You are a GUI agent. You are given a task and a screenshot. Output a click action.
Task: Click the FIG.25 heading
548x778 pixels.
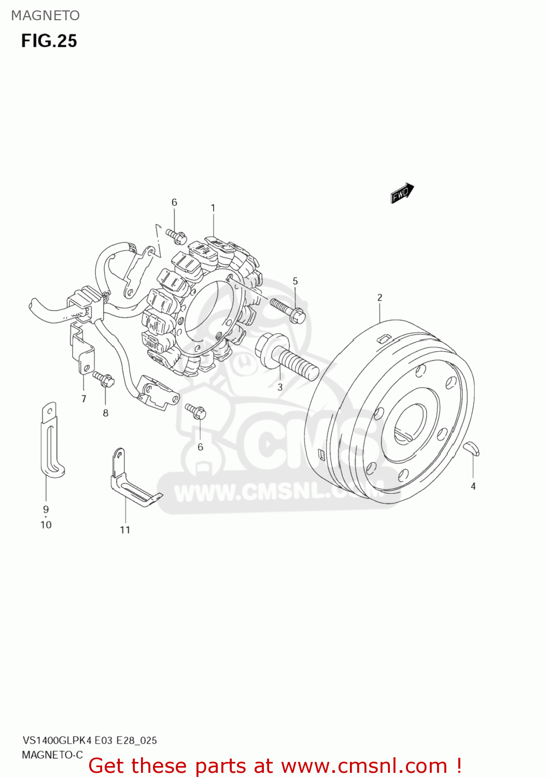[x=49, y=41]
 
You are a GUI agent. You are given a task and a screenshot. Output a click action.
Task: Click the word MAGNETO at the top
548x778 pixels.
[x=46, y=16]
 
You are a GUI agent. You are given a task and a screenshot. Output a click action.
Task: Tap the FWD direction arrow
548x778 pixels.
[x=402, y=193]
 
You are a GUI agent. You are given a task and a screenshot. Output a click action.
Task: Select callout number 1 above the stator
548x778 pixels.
[x=213, y=208]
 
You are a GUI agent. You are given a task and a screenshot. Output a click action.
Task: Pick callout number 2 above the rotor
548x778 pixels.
[x=380, y=297]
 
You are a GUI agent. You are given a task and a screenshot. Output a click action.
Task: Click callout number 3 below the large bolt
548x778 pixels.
[x=280, y=387]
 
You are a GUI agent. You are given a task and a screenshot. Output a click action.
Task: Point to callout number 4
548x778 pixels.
[x=473, y=487]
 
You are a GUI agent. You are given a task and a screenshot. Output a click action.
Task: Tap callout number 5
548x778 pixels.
[x=295, y=281]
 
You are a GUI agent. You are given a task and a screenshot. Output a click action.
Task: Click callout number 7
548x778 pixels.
[x=83, y=399]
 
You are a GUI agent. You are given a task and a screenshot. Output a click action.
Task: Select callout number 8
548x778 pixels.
[x=106, y=413]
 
